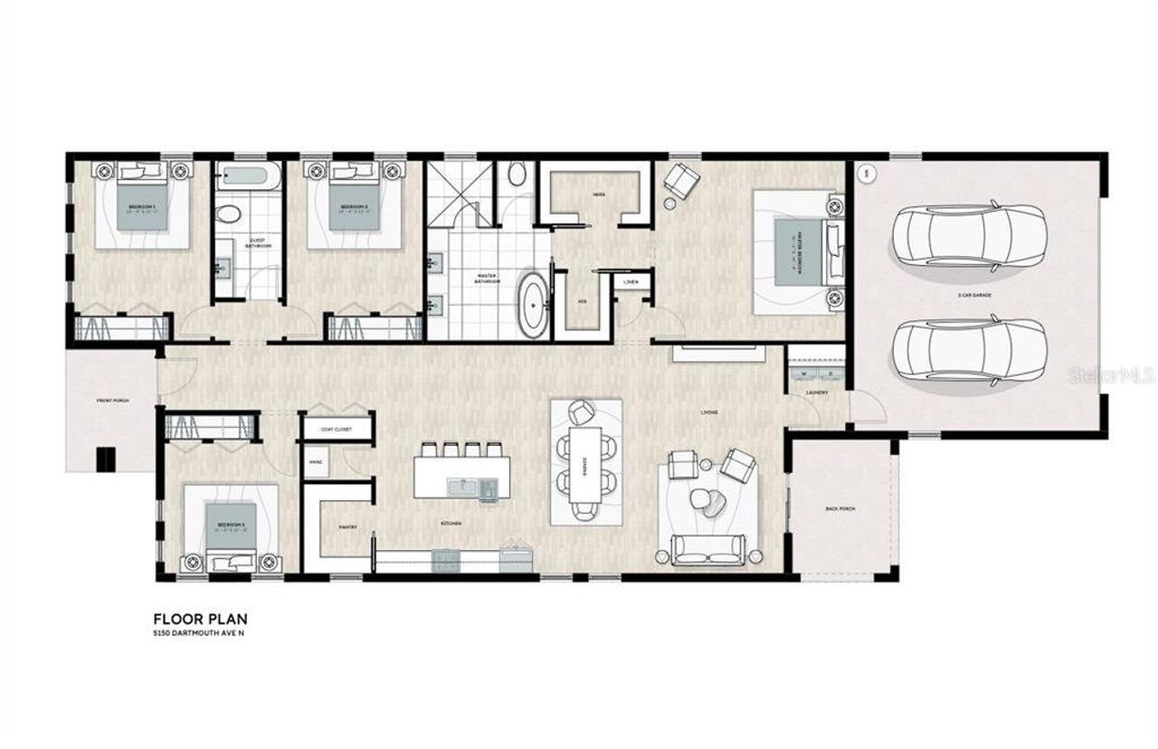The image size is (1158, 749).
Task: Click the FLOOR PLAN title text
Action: [x=200, y=619]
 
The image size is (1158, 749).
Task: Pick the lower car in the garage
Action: [x=969, y=348]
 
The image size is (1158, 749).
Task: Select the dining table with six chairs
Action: [x=586, y=462]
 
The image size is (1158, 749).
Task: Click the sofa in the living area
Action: [x=707, y=548]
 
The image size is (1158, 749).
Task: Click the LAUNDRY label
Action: [x=817, y=393]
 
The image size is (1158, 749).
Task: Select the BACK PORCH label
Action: [x=840, y=509]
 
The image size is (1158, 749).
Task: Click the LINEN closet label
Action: [x=631, y=282]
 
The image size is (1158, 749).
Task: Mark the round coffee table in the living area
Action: [x=702, y=498]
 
